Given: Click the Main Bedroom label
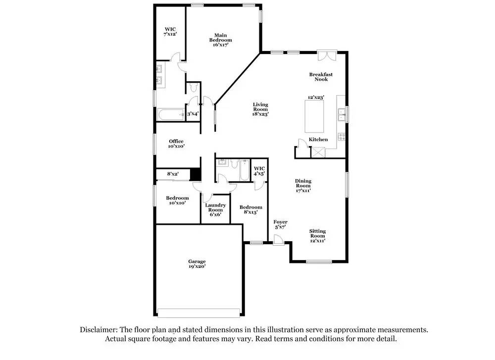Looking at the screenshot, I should (x=220, y=40).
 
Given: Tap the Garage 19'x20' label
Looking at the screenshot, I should (x=197, y=264).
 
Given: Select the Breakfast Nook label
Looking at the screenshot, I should (x=321, y=77).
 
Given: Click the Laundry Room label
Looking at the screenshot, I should (x=216, y=209).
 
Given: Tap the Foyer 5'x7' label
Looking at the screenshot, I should (x=280, y=224).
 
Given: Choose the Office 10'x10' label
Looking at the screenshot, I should (x=176, y=144).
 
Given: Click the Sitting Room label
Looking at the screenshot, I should (x=317, y=236).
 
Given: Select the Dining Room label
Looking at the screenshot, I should (x=303, y=185).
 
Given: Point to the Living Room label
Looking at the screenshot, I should (x=260, y=109).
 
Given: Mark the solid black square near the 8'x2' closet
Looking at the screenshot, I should (x=196, y=175).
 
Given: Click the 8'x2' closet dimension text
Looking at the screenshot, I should (x=172, y=174).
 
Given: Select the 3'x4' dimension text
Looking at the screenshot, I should (x=193, y=114).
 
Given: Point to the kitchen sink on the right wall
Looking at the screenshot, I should (x=341, y=115).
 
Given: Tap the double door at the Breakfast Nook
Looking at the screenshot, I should (x=327, y=55).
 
